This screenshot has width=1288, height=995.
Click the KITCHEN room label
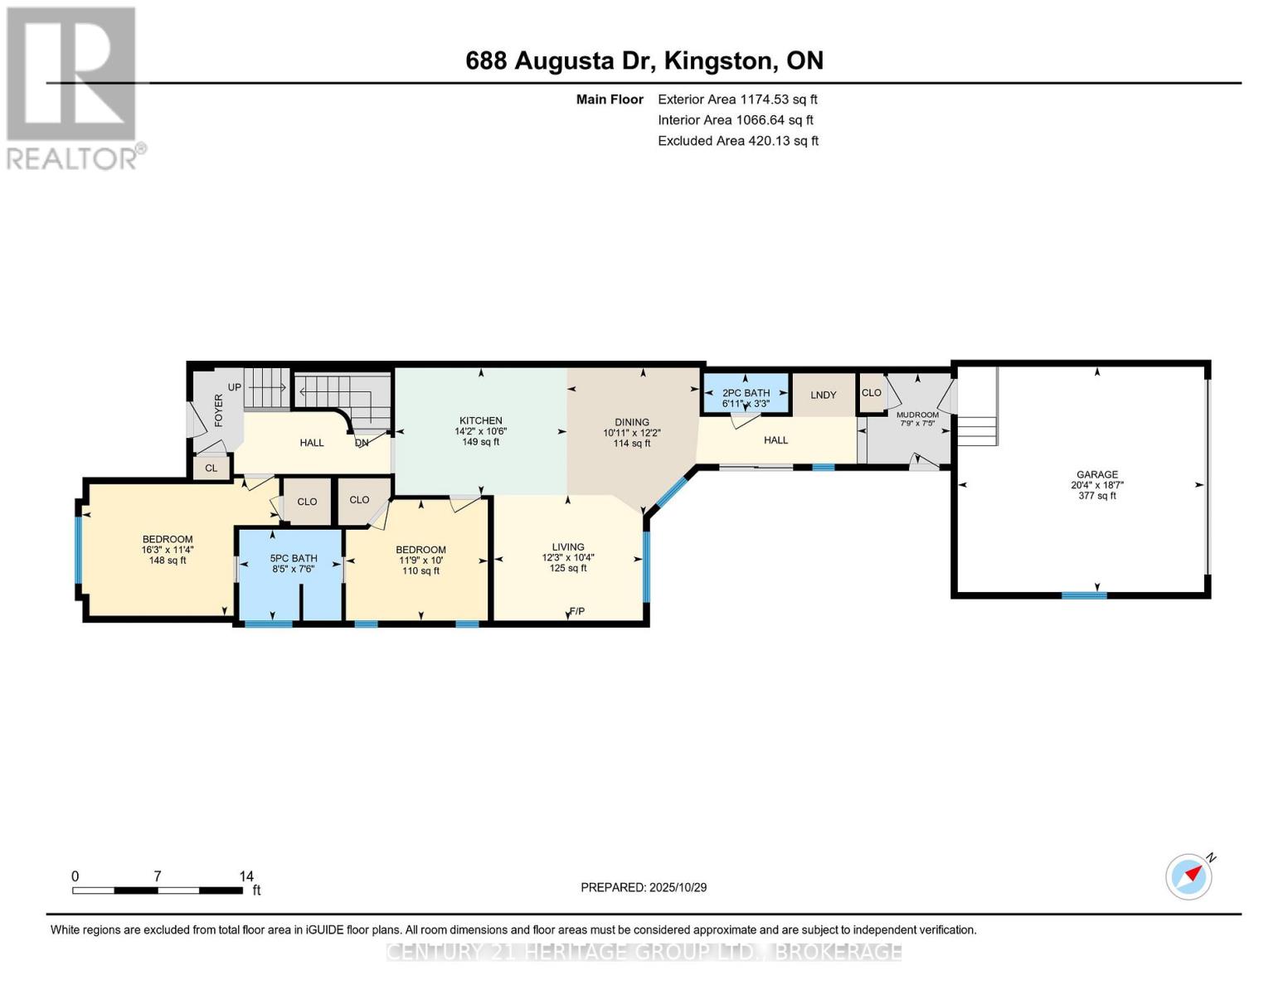(x=480, y=420)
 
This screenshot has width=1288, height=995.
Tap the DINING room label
(x=631, y=422)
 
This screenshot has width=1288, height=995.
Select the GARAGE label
(x=1096, y=474)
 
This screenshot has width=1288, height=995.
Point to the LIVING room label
(x=568, y=546)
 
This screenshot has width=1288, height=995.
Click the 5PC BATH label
(x=294, y=558)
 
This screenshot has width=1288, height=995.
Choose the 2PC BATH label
(x=746, y=392)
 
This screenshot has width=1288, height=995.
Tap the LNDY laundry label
(x=824, y=395)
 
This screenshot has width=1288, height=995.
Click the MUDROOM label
(x=917, y=415)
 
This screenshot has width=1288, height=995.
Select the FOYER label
(x=219, y=410)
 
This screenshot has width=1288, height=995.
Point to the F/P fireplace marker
(x=576, y=611)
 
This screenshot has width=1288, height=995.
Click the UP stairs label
(x=235, y=387)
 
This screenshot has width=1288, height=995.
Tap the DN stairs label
(x=362, y=443)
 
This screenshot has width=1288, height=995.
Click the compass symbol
(x=1189, y=876)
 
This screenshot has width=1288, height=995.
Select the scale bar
(x=158, y=890)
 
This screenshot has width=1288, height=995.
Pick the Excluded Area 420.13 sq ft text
(x=738, y=140)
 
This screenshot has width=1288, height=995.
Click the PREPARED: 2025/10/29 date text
(x=643, y=887)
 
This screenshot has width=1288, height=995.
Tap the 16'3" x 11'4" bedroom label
(x=168, y=550)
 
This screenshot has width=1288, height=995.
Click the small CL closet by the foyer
(x=211, y=468)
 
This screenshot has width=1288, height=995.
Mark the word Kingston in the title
(x=718, y=61)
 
